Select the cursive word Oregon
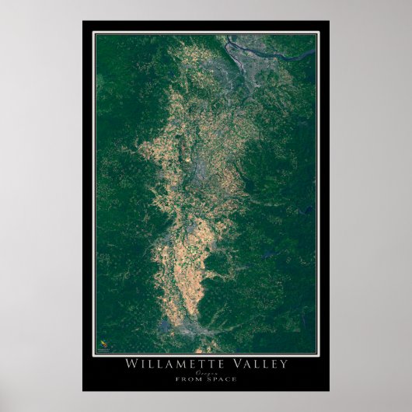206,372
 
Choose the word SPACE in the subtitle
222,379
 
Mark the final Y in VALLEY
284,364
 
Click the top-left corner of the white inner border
93,32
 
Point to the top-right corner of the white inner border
319,32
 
